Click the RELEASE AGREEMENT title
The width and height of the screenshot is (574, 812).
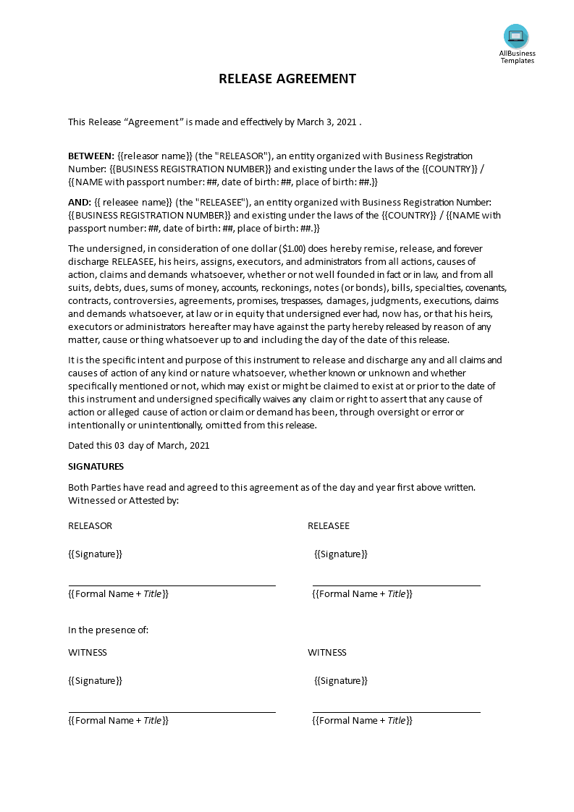tap(287, 79)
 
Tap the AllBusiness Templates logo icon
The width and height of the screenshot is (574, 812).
tap(516, 36)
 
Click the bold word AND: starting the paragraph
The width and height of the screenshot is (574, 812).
tap(80, 202)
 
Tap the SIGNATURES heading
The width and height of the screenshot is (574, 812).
tap(96, 466)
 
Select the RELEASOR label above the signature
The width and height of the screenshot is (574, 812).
tap(90, 525)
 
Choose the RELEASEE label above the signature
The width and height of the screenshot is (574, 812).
tap(329, 525)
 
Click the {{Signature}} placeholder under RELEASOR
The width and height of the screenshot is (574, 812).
tap(95, 554)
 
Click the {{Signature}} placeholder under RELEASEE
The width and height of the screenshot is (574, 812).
tap(341, 554)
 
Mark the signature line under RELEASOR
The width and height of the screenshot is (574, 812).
tap(172, 585)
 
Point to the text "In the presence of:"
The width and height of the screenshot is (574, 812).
tap(109, 630)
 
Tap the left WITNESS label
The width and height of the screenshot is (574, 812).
tap(88, 652)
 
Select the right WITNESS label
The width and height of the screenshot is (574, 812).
tap(327, 652)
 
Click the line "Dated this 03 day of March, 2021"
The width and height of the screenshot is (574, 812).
tap(139, 445)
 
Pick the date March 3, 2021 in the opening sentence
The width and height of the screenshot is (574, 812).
tap(327, 122)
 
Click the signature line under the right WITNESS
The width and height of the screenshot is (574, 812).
tap(396, 712)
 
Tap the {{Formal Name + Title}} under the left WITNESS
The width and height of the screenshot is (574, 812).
tap(119, 720)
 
